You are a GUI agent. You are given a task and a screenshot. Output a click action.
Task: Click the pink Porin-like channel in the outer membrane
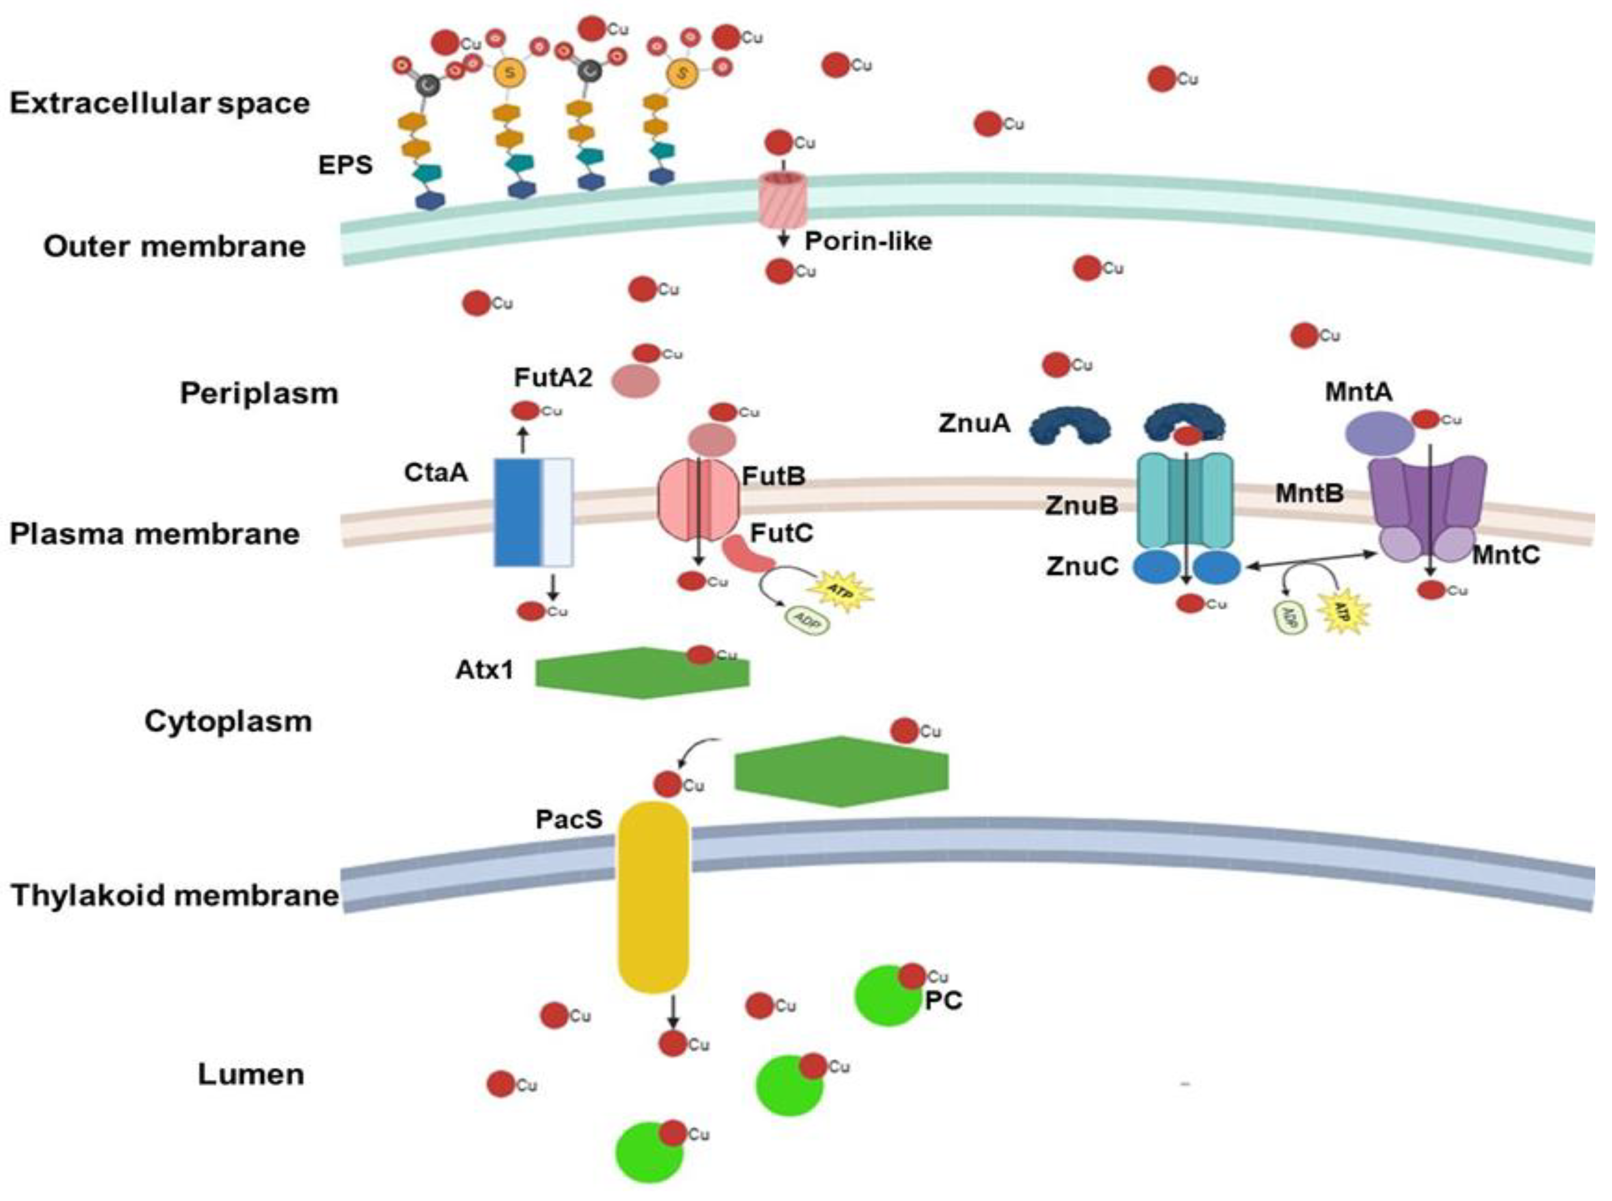click(783, 200)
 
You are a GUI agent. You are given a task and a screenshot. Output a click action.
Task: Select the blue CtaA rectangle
click(519, 512)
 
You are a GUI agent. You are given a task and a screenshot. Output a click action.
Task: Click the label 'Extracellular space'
click(159, 103)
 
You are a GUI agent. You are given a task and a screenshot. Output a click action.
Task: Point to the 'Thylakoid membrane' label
click(174, 895)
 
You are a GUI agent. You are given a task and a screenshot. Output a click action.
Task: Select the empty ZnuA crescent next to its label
click(1070, 425)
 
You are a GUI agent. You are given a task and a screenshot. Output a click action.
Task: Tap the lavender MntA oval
click(1379, 434)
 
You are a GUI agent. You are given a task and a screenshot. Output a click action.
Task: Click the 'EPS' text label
click(345, 165)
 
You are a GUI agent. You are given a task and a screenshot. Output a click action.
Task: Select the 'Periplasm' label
click(259, 393)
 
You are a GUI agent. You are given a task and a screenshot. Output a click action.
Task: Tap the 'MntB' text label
click(1309, 494)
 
